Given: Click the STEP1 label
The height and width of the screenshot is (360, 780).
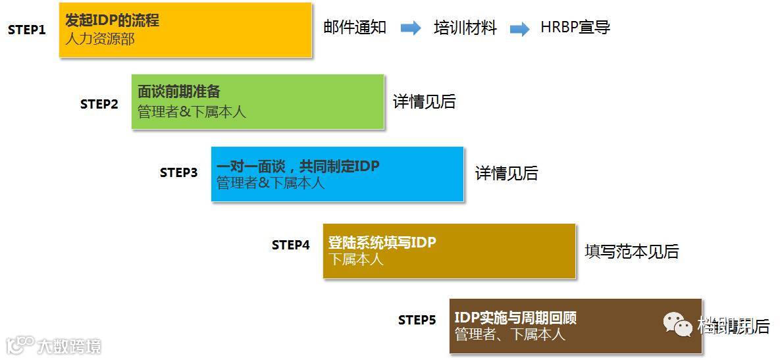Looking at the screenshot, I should [x=27, y=30].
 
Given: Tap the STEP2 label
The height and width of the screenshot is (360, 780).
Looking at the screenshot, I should [x=99, y=104].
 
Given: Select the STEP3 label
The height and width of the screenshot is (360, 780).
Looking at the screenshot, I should [x=178, y=172].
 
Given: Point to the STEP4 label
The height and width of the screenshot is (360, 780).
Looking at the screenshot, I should [x=290, y=245].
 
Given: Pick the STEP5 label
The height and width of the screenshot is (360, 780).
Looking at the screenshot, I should [x=417, y=320].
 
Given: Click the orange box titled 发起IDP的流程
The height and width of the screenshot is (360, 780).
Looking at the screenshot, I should [x=185, y=30].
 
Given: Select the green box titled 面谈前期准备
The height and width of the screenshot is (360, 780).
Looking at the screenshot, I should [x=257, y=101].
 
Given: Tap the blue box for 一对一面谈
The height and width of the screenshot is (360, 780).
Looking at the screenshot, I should [x=337, y=174].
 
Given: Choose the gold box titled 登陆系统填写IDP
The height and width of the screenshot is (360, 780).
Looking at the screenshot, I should [x=449, y=251].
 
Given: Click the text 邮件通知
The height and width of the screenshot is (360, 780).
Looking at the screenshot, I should [x=355, y=28].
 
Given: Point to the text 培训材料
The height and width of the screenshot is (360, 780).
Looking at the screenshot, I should [x=465, y=28].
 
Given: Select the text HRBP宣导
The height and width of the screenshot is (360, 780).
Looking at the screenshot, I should [x=575, y=28].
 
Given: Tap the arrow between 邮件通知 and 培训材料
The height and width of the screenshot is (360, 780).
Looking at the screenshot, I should [x=411, y=28].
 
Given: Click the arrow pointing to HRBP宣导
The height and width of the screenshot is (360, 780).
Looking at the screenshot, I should [x=520, y=29].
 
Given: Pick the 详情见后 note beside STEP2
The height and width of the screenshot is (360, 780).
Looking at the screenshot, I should [x=424, y=102].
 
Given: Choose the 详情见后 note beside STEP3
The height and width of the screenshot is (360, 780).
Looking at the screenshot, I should [x=506, y=173].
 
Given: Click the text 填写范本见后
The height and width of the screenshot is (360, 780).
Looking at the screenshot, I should [x=631, y=251].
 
